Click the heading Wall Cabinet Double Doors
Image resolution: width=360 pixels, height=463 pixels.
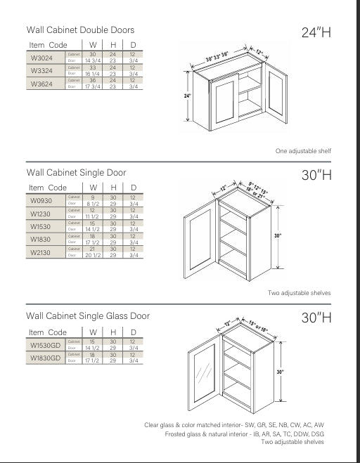coord(80,30)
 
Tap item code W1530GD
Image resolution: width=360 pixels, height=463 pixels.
coord(45,344)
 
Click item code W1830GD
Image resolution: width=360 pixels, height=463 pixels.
coord(45,358)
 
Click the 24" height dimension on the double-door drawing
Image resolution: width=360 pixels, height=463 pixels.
coord(188,96)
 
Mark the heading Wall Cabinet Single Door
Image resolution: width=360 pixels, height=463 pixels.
coord(77,172)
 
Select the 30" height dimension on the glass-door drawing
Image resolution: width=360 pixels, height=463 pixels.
coord(279,372)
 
